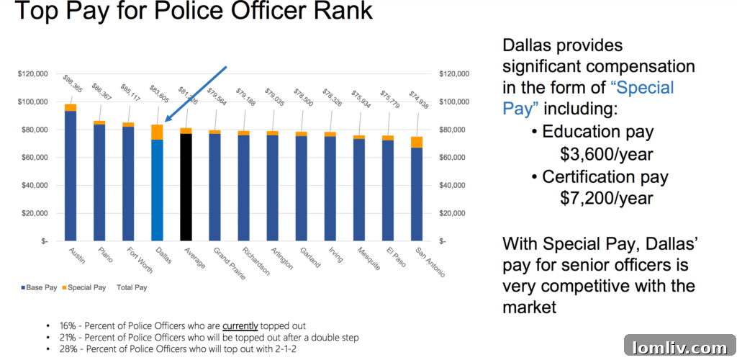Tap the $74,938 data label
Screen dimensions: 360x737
(x=419, y=99)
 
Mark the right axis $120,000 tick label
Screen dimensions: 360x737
(x=453, y=74)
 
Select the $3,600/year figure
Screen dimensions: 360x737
(x=607, y=154)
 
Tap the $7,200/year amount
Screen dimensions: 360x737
(x=607, y=198)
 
